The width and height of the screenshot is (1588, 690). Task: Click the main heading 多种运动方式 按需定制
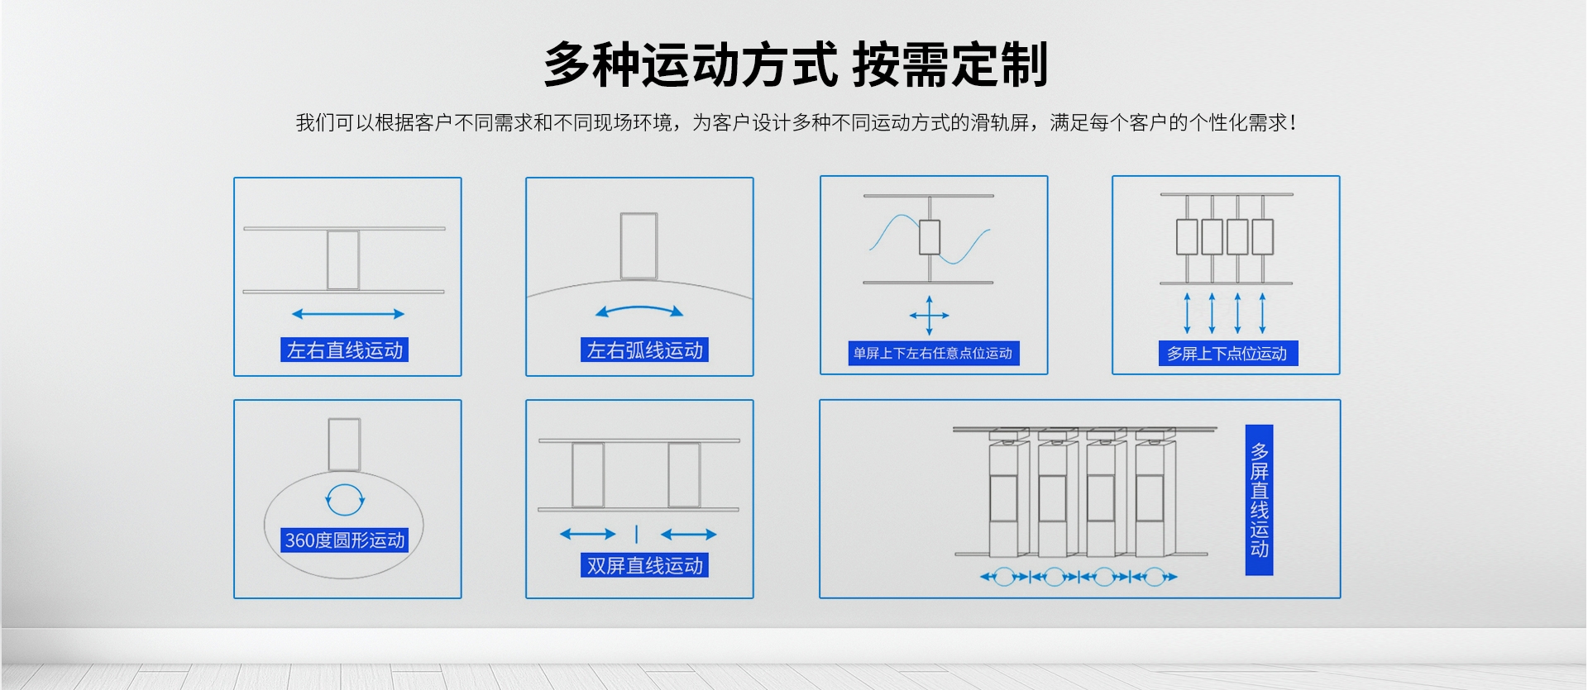tap(796, 64)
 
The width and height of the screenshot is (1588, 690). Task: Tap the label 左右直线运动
tap(345, 350)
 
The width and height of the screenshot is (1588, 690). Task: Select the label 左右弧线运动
tap(644, 350)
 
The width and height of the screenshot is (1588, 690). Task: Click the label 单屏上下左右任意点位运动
tap(933, 354)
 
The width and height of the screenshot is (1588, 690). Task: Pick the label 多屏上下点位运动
tap(1227, 354)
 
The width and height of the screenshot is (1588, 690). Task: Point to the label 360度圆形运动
tap(345, 540)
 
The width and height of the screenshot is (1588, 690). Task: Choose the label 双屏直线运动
tap(644, 566)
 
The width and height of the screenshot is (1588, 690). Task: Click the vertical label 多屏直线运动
tap(1259, 500)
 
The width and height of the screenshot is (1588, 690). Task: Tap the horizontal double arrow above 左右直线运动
tap(348, 314)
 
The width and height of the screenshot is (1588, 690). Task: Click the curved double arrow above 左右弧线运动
tap(639, 311)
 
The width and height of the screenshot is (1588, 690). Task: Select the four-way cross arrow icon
tap(930, 315)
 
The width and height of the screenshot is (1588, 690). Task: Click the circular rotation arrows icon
tap(344, 498)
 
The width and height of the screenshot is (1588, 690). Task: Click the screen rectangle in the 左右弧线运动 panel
tap(639, 246)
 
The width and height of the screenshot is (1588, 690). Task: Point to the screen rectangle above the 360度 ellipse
tap(344, 445)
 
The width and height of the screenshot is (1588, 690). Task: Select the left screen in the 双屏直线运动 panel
tap(588, 474)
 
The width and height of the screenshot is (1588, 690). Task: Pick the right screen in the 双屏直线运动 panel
tap(684, 474)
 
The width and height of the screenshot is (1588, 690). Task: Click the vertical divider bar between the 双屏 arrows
tap(636, 534)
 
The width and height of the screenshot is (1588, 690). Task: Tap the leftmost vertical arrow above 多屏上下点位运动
tap(1187, 313)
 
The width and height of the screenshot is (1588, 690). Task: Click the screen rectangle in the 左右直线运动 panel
tap(343, 259)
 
